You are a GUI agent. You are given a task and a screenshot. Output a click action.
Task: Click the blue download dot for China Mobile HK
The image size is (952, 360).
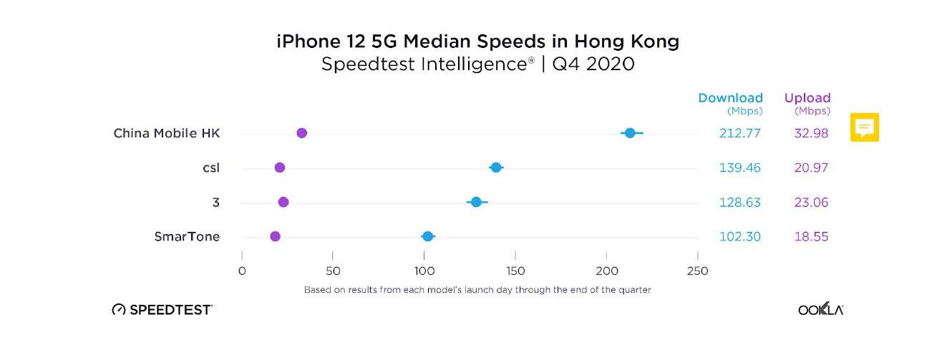coord(630,133)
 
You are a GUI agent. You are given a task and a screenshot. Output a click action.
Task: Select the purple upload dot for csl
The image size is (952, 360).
coord(280,167)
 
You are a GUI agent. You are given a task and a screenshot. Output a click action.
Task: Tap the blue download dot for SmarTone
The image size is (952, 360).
coord(428,237)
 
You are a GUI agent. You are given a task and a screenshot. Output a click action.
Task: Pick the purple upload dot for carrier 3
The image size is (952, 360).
coord(283,203)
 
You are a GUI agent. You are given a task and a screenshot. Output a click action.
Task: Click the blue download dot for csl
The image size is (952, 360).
coord(496,167)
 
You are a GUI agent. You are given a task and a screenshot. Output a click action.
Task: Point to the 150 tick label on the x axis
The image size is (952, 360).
coord(515,271)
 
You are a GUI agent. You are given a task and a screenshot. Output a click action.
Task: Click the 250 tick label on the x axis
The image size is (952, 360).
coord(697,271)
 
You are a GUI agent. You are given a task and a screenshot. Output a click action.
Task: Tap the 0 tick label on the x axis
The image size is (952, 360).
coord(242,271)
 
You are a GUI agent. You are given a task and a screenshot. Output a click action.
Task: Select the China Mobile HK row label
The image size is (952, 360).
coord(167,133)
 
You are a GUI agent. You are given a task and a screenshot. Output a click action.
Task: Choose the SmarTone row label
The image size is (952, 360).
coord(187,237)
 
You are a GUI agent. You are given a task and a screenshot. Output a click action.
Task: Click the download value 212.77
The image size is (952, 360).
coord(740,133)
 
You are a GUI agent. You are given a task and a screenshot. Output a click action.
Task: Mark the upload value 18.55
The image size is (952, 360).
coord(811,237)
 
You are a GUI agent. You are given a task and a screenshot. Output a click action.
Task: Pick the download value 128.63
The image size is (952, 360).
coord(740,203)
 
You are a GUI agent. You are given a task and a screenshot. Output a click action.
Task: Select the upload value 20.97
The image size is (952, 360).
coord(811,167)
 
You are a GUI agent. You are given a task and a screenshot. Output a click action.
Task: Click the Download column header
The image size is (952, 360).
coord(730,98)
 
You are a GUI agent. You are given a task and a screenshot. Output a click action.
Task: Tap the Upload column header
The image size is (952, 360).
coord(807,98)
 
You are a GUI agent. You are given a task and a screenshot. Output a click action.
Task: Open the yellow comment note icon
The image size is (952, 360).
coord(865,127)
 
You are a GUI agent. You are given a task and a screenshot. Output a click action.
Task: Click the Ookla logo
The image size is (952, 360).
coord(821,310)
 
